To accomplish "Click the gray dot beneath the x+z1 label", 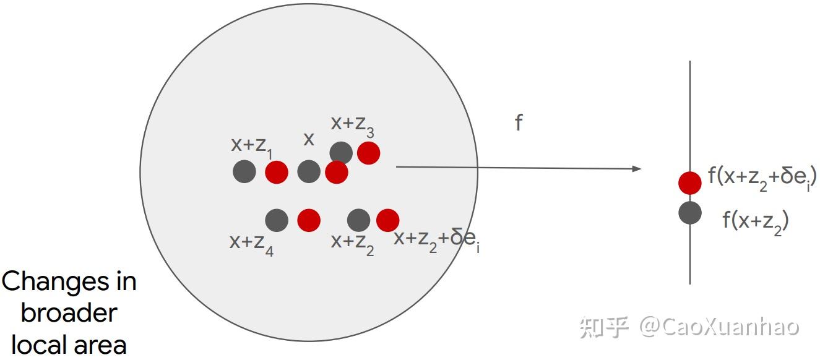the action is tap(244, 171).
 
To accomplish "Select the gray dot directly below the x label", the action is tap(309, 171).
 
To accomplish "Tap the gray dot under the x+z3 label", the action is tap(340, 153).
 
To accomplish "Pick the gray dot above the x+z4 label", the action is tap(277, 220).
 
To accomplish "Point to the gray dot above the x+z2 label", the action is tap(358, 220).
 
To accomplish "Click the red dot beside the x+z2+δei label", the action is tap(387, 220).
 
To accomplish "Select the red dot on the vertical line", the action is tap(690, 182).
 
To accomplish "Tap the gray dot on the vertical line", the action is tap(690, 213).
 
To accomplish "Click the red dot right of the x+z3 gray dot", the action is tap(368, 153).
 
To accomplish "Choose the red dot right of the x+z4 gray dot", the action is tap(309, 220).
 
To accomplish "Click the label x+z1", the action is tap(251, 146).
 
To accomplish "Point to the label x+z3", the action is tap(352, 126).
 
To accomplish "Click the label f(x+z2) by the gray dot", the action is tap(755, 221).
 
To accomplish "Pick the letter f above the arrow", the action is tap(519, 123).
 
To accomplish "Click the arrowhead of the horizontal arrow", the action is tap(637, 168).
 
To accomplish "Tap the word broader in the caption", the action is tap(68, 313).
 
